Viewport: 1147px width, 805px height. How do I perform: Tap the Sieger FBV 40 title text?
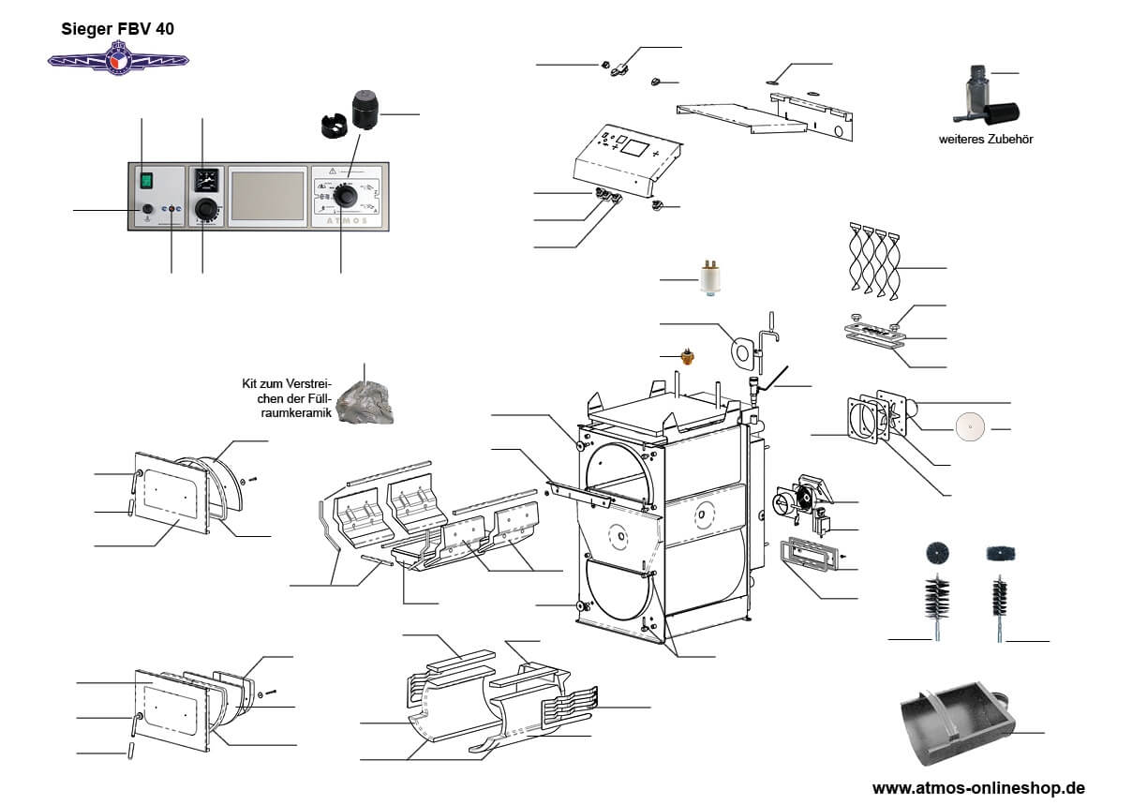pyautogui.click(x=118, y=29)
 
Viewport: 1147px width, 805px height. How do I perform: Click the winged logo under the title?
pyautogui.click(x=118, y=59)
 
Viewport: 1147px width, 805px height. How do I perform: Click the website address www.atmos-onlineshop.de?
pyautogui.click(x=978, y=788)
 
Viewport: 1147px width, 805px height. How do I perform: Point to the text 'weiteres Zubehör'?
pyautogui.click(x=979, y=139)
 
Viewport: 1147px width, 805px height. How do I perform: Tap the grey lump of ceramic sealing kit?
pyautogui.click(x=365, y=401)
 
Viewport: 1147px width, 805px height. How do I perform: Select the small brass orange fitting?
pyautogui.click(x=689, y=357)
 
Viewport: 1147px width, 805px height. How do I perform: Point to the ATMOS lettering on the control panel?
pyautogui.click(x=346, y=223)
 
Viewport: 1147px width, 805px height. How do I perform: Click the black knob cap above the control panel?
pyautogui.click(x=365, y=111)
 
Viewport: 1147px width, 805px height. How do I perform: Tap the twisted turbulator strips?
pyautogui.click(x=874, y=261)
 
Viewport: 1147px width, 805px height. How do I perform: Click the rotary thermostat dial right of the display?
pyautogui.click(x=347, y=196)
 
